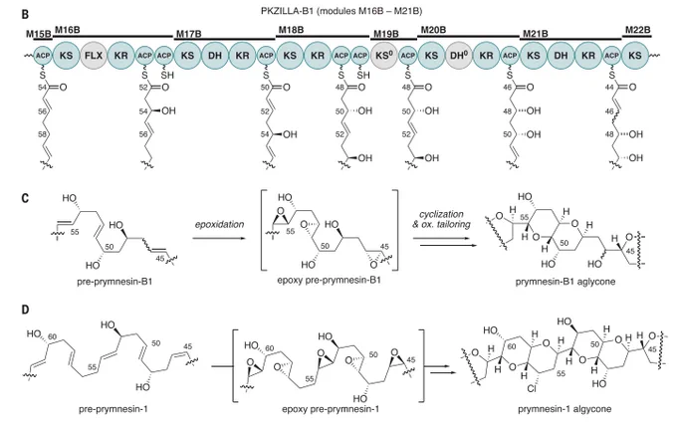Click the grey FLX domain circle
pos(94,55)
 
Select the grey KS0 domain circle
pos(384,55)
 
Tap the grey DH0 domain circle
pos(459,55)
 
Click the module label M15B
pos(39,34)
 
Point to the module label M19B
pos(386,34)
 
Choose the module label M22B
pos(638,30)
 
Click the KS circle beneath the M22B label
pos(635,55)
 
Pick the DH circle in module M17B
pos(215,55)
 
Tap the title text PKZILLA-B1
pos(287,11)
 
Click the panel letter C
pos(26,199)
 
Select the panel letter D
pos(26,310)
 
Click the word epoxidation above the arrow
pos(219,224)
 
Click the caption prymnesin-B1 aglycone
pos(565,282)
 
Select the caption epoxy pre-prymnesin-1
pos(331,409)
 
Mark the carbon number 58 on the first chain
pos(42,134)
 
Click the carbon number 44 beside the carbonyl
pos(609,88)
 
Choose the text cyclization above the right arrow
pos(441,214)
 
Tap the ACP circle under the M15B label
pos(43,55)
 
